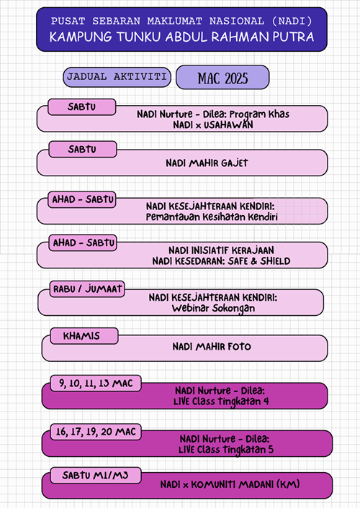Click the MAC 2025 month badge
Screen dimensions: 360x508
(222, 78)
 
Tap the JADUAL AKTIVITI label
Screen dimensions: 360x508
(117, 77)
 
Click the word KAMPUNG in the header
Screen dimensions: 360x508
(81, 37)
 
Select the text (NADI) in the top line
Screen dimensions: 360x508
(292, 21)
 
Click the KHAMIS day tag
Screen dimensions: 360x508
(84, 335)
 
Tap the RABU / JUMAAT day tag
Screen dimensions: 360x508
(87, 289)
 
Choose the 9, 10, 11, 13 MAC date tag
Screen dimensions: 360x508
(96, 384)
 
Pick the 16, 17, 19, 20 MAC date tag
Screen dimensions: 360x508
(96, 432)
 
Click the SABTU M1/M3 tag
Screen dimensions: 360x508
(96, 476)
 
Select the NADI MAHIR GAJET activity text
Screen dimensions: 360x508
(207, 163)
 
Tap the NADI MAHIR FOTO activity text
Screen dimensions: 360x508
(212, 347)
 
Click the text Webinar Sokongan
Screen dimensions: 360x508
(213, 309)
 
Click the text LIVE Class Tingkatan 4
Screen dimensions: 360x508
(221, 402)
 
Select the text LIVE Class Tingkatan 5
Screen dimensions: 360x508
(226, 450)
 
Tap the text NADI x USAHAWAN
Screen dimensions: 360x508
(213, 124)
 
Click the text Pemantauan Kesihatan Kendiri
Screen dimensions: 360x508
(212, 217)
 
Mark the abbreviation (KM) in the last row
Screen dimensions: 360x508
(288, 484)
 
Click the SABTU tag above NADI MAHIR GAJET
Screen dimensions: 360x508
(83, 149)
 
